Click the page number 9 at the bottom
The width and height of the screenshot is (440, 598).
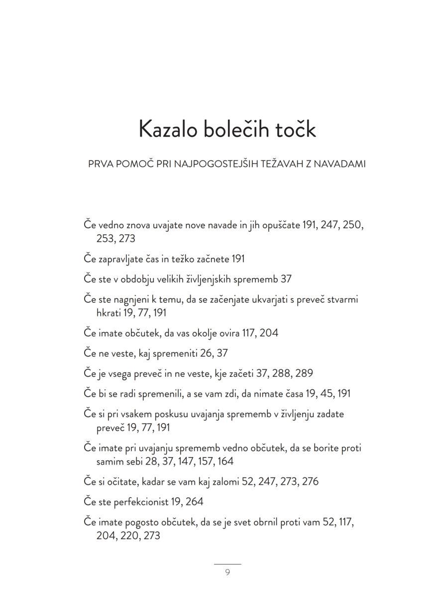point(227,572)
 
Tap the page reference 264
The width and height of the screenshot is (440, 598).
point(194,502)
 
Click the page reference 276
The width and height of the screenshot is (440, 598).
point(309,482)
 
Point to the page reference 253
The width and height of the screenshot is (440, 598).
point(105,239)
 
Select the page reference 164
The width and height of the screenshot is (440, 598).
point(225,461)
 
